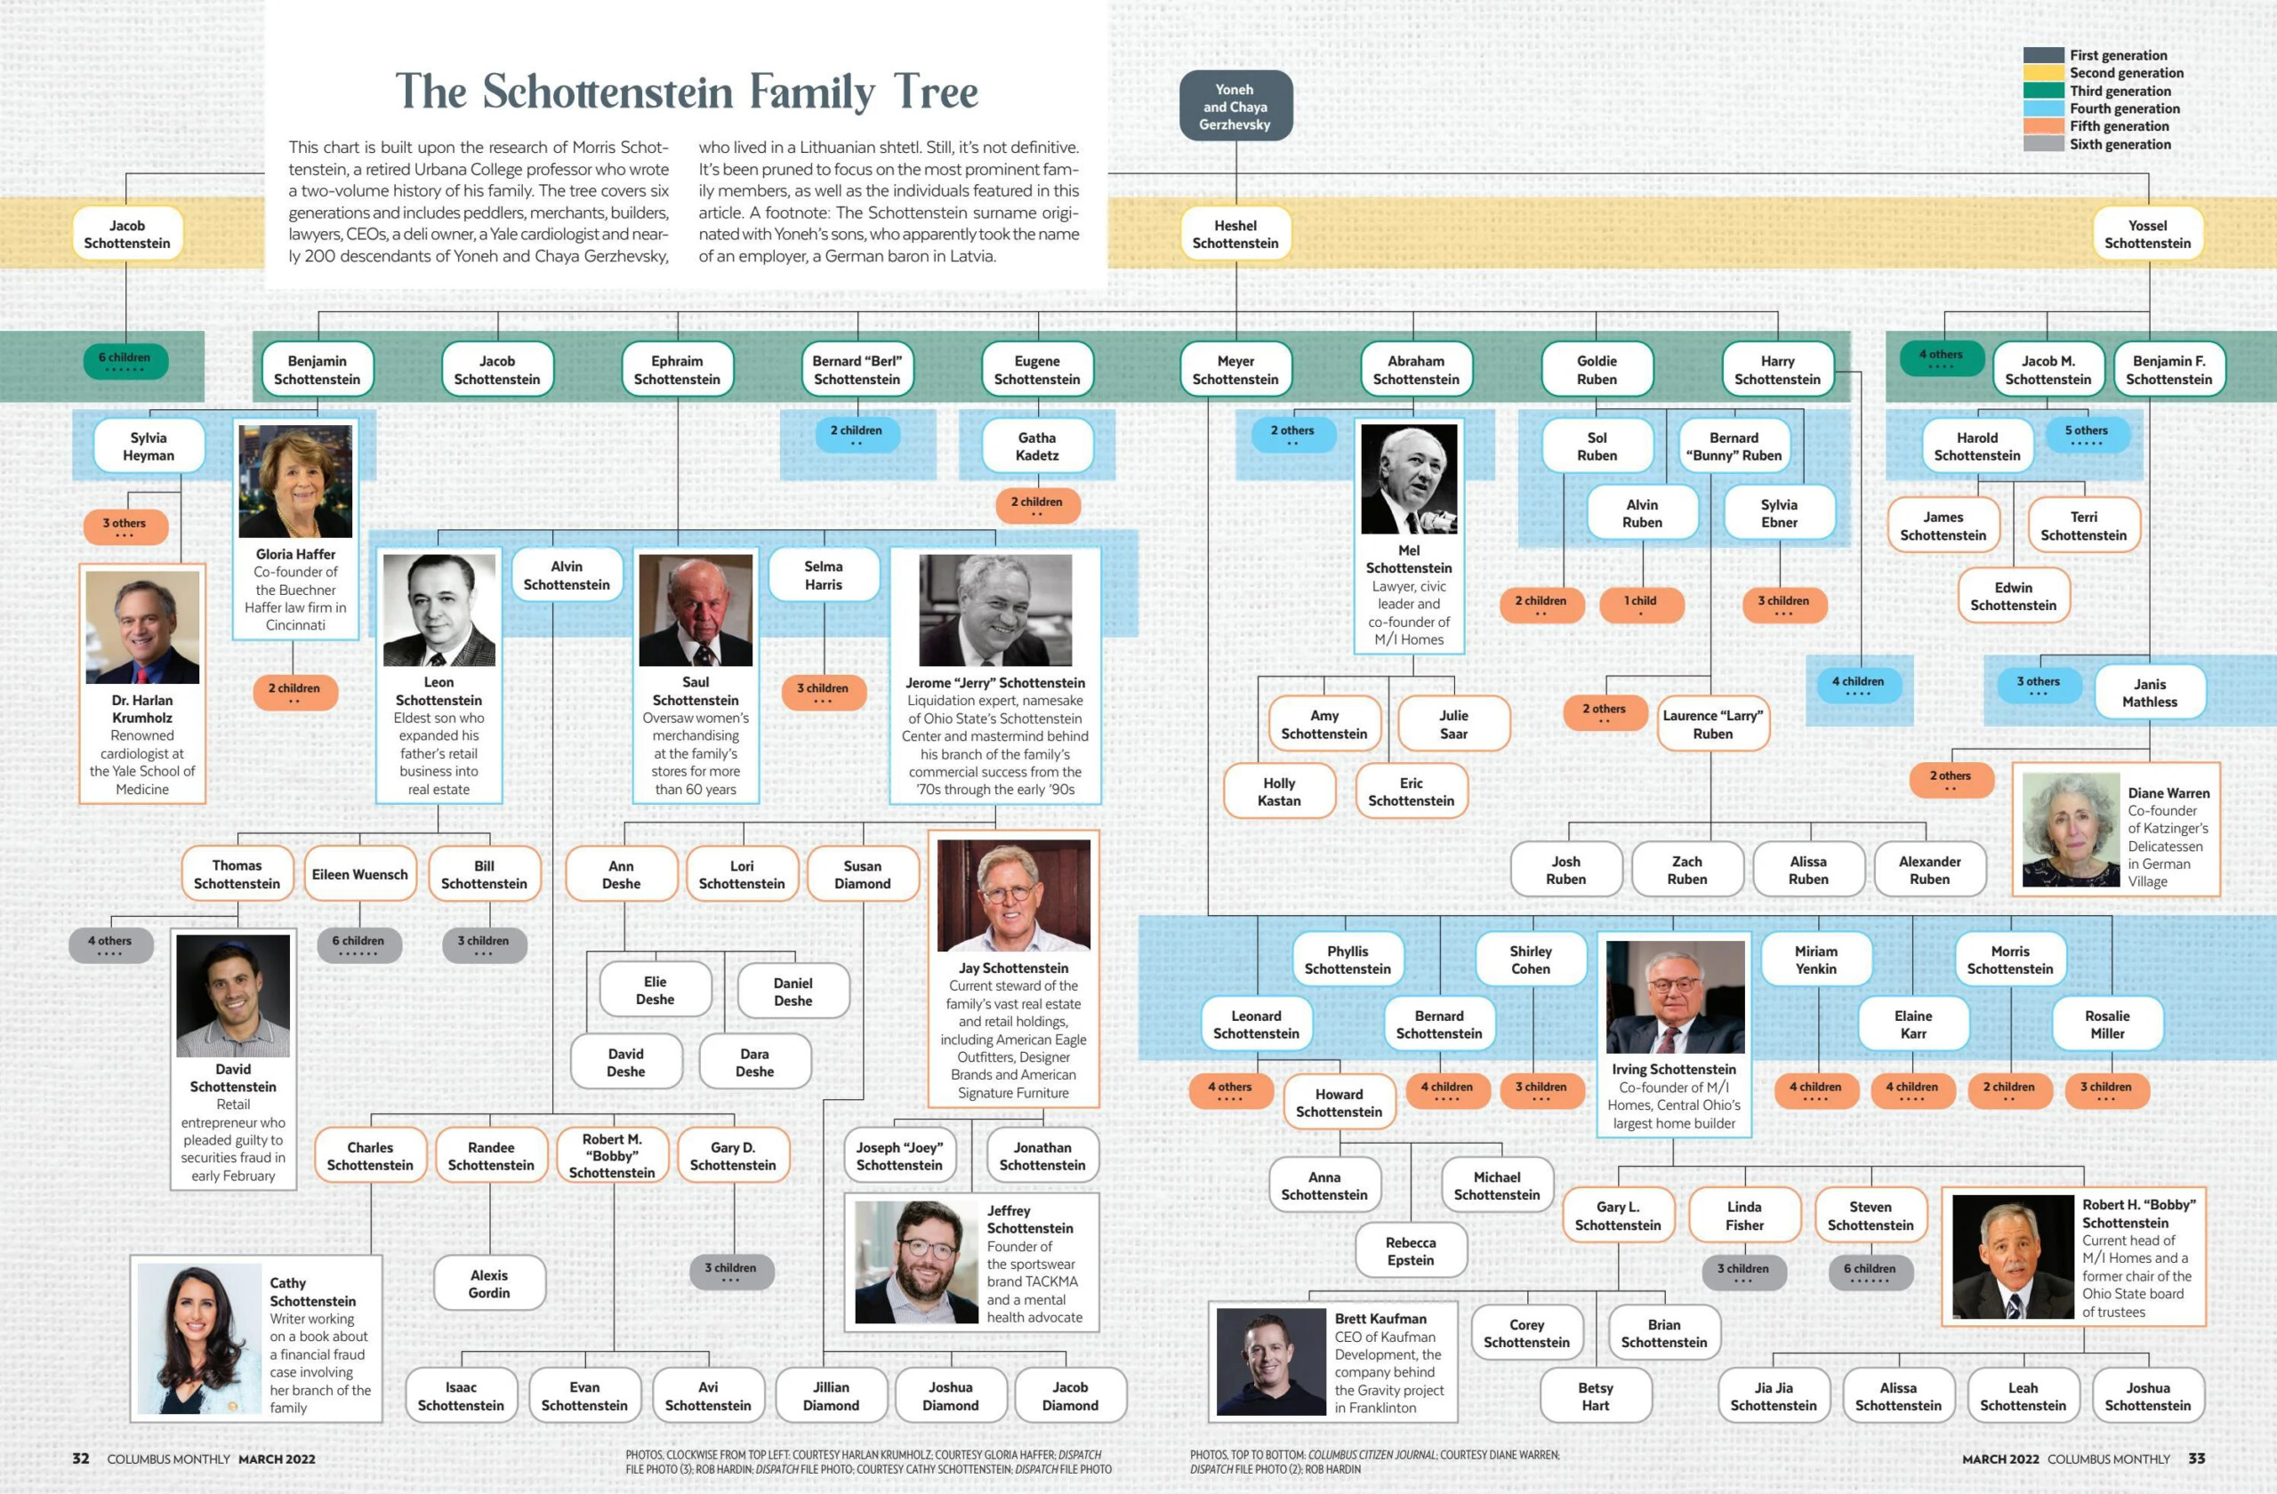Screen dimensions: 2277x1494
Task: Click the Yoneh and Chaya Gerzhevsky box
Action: coord(1235,106)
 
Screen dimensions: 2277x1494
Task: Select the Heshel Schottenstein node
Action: coord(1235,235)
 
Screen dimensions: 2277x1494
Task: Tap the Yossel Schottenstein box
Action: coord(2148,235)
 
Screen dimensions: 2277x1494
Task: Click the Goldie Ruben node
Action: coord(1597,369)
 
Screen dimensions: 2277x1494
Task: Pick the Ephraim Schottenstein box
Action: coord(678,369)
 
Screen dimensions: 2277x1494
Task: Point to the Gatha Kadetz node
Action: coord(1037,446)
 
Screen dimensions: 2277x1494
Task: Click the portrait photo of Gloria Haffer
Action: coord(295,481)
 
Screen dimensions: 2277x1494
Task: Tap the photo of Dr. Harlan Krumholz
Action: coord(142,628)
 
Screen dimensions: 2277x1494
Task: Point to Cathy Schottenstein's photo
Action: coord(200,1338)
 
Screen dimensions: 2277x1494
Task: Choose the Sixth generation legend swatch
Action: coord(2044,144)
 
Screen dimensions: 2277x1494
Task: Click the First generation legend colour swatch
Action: coord(2044,55)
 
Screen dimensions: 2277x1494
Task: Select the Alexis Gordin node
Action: coord(490,1283)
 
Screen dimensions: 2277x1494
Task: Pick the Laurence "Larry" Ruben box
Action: coord(1712,724)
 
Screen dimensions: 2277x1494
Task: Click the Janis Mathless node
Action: coord(2150,693)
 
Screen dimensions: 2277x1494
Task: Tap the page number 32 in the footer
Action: coord(81,1458)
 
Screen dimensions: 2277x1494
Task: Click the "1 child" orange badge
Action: coord(1641,604)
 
